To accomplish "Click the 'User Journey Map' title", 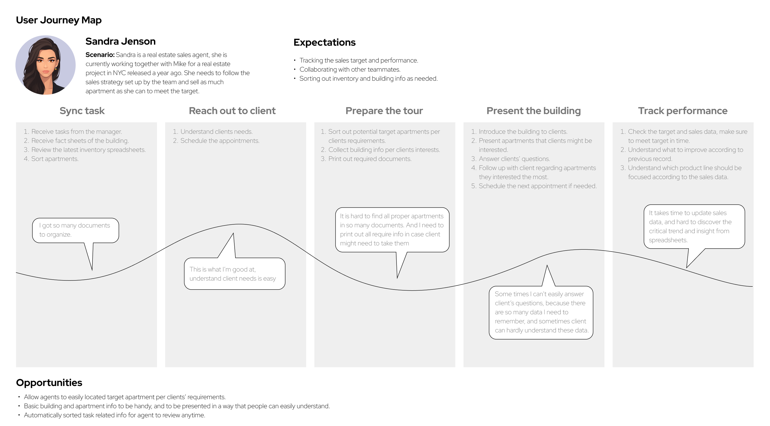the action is pyautogui.click(x=59, y=20).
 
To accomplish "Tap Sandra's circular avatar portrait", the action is pyautogui.click(x=46, y=65).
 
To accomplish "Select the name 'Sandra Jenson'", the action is pyautogui.click(x=120, y=41).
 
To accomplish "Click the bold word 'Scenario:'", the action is pyautogui.click(x=100, y=55).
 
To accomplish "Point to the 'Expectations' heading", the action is pyautogui.click(x=324, y=43).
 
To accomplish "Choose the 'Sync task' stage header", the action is pyautogui.click(x=82, y=111).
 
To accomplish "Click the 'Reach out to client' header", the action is pyautogui.click(x=232, y=111).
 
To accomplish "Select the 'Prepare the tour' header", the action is pyautogui.click(x=384, y=111).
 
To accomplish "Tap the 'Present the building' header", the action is pyautogui.click(x=533, y=111).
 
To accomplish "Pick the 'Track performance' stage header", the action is pyautogui.click(x=683, y=111).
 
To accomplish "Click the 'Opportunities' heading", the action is pyautogui.click(x=49, y=383).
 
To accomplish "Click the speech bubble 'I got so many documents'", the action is pyautogui.click(x=76, y=230).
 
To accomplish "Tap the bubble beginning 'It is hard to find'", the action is pyautogui.click(x=392, y=230).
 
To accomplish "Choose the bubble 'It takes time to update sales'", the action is pyautogui.click(x=694, y=227).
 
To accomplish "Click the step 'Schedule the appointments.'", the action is pyautogui.click(x=220, y=141).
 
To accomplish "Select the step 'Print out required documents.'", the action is pyautogui.click(x=370, y=159).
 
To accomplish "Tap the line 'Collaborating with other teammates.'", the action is pyautogui.click(x=350, y=69).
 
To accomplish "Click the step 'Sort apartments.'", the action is pyautogui.click(x=55, y=159).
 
